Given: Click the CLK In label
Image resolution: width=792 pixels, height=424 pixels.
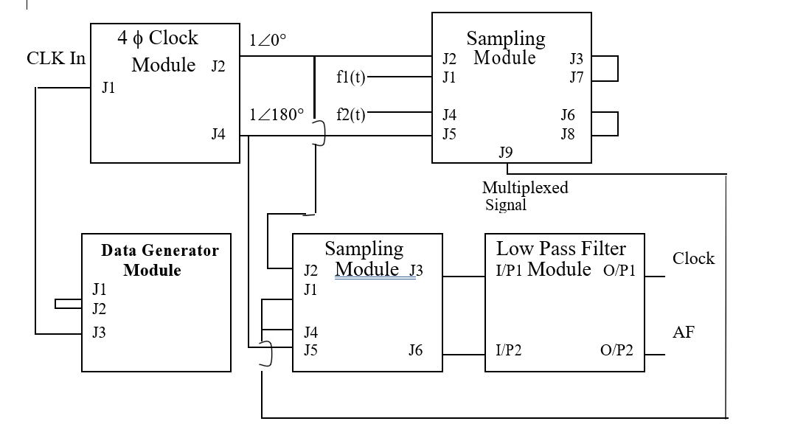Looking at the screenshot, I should (x=56, y=58).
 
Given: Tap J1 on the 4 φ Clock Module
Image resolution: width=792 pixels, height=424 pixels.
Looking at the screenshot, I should (x=108, y=89).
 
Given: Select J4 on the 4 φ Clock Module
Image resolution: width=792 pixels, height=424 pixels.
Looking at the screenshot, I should (x=218, y=134).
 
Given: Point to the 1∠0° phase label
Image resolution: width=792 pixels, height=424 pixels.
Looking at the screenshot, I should (x=268, y=41).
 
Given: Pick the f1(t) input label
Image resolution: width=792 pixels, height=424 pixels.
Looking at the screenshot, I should (x=350, y=77).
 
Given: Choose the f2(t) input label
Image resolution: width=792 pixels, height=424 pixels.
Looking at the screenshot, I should (x=350, y=114).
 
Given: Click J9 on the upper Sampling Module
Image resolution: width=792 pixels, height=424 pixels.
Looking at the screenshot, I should (x=506, y=153).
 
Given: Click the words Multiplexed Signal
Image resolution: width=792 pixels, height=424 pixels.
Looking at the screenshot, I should (x=524, y=196).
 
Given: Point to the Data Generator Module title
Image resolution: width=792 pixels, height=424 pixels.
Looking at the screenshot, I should (x=159, y=260).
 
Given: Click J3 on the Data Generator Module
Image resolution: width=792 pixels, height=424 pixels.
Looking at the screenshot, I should (x=99, y=333).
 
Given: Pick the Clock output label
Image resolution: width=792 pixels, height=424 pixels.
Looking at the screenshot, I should (x=693, y=258).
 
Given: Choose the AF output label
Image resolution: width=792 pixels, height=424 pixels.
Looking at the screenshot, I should (x=684, y=332).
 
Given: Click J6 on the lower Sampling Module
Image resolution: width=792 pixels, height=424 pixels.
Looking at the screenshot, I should (x=416, y=350).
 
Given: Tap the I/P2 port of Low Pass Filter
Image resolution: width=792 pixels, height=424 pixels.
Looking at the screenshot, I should (x=509, y=350).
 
